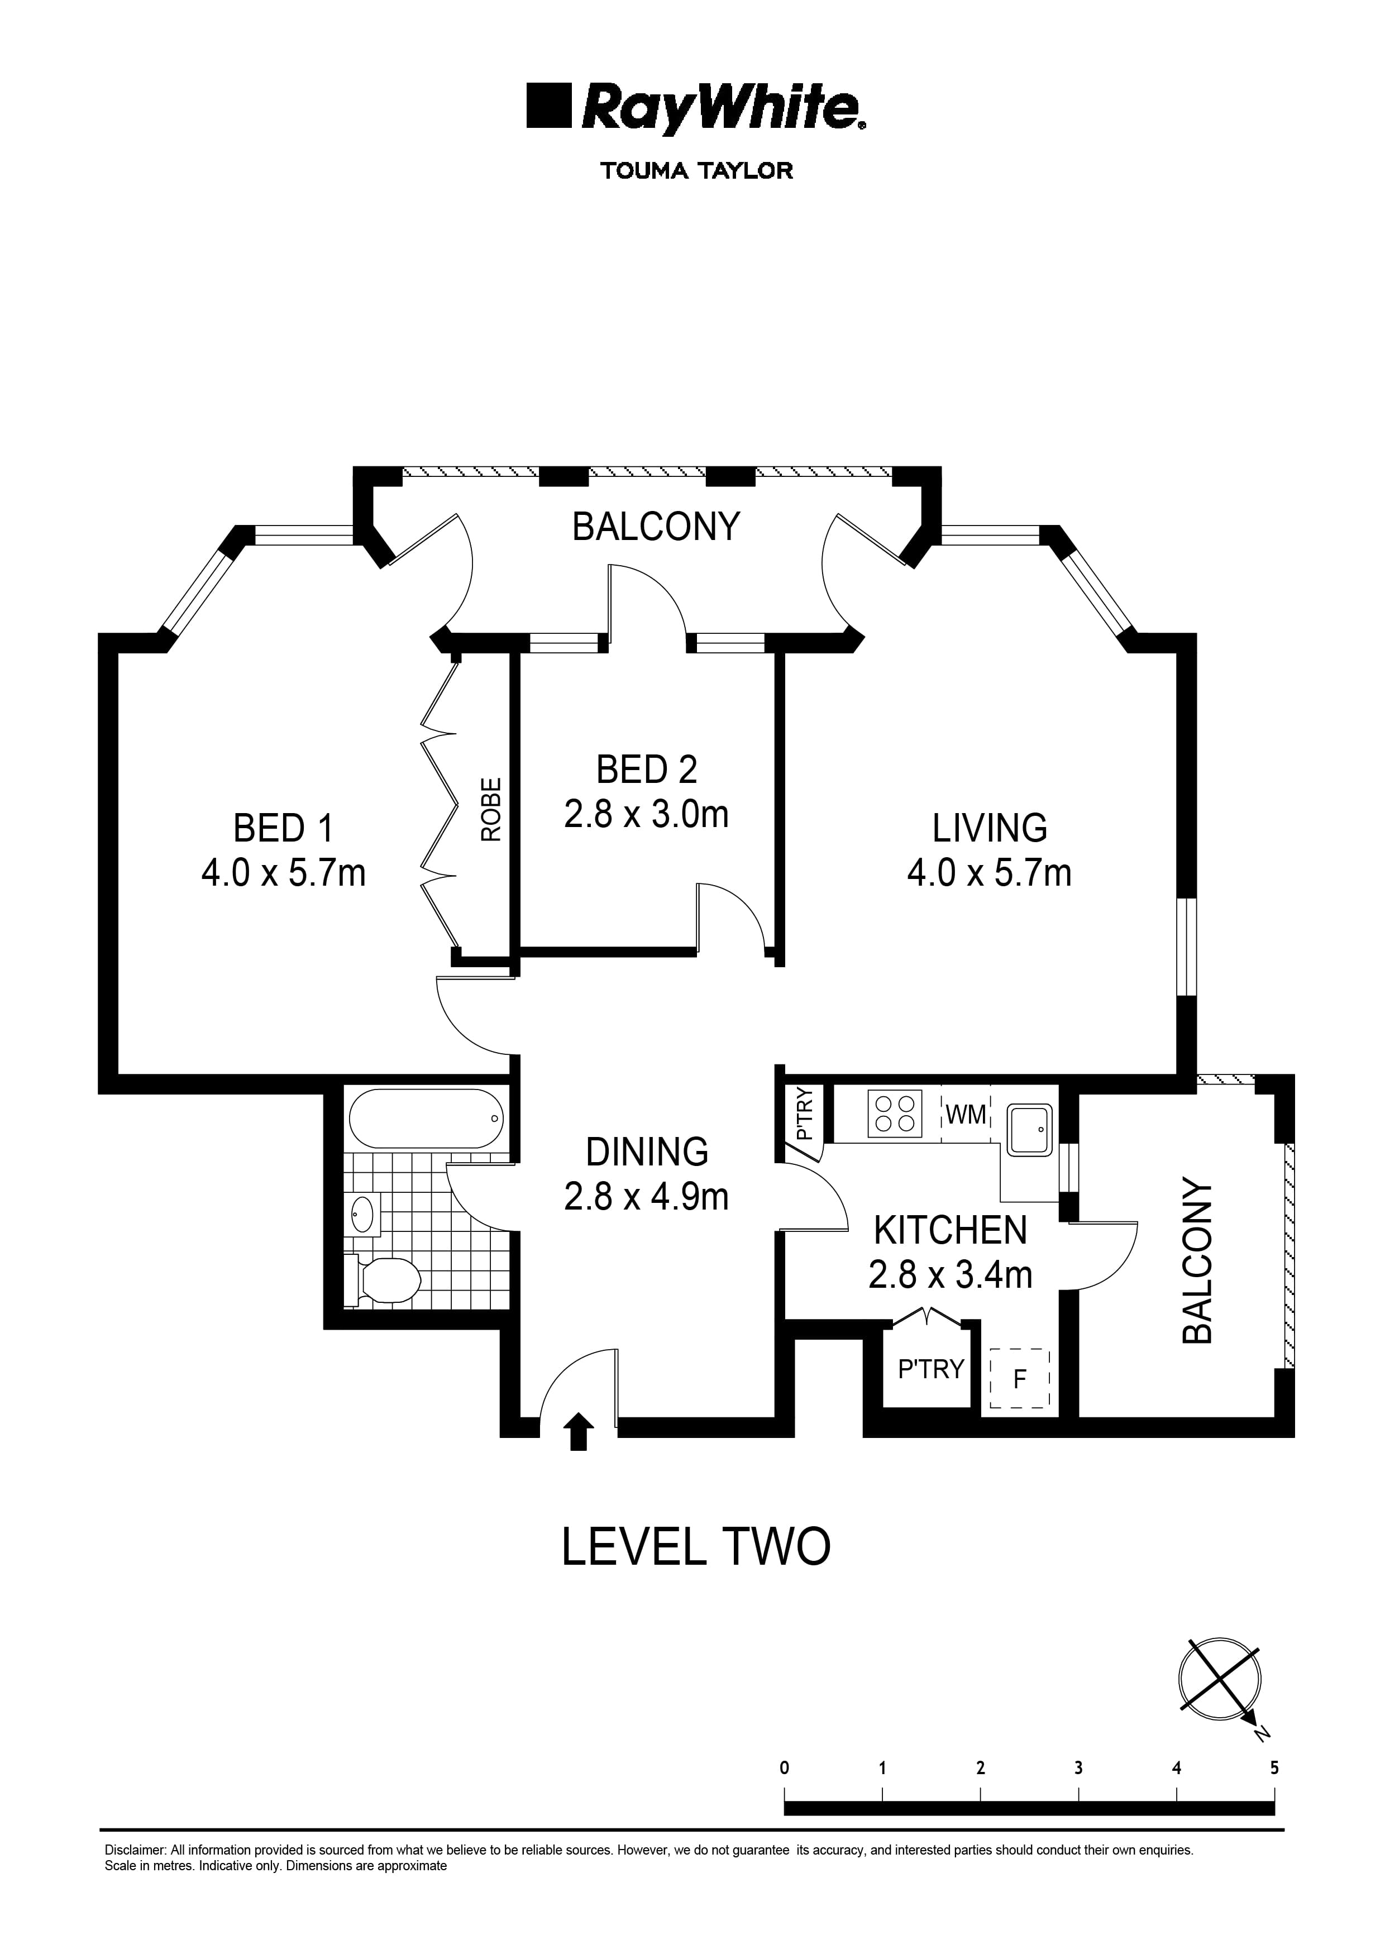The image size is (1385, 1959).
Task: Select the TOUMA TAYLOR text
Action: coord(696,171)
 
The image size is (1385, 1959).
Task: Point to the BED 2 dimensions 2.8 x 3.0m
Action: coord(646,814)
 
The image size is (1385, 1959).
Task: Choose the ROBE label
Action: coord(491,810)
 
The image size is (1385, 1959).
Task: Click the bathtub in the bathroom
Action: coord(426,1119)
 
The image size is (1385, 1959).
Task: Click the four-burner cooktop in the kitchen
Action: coord(894,1114)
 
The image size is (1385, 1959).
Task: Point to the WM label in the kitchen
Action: coord(966,1114)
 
